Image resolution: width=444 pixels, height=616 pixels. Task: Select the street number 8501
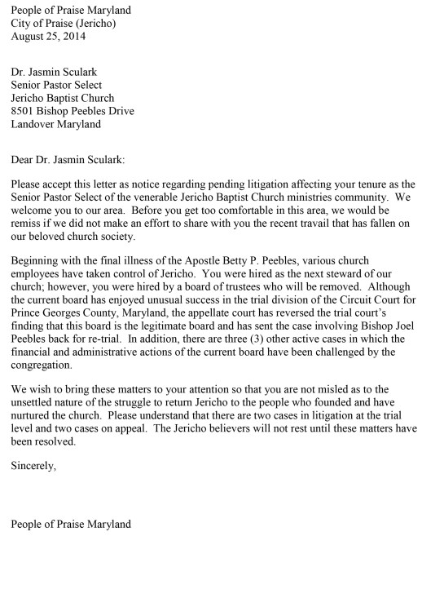point(25,111)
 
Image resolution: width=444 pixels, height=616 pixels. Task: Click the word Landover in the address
point(33,124)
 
